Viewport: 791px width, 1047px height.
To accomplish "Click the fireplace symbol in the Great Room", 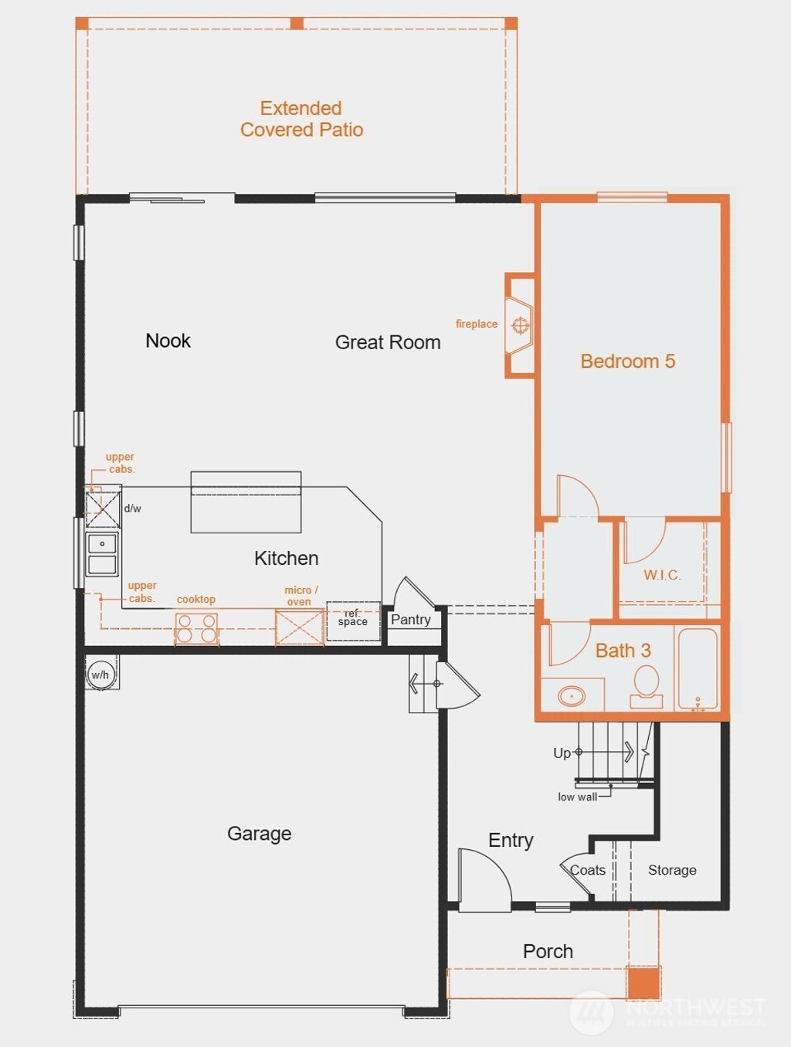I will [521, 325].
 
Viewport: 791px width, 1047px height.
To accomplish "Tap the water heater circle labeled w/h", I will [100, 674].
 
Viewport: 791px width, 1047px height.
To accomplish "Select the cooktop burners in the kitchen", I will [196, 627].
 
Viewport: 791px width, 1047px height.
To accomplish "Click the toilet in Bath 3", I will [646, 685].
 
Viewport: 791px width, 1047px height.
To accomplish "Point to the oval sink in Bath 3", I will [572, 696].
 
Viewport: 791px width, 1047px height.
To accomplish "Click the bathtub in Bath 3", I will [697, 668].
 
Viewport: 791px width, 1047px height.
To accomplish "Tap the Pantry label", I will [411, 620].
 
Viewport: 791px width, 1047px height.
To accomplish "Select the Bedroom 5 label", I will [627, 362].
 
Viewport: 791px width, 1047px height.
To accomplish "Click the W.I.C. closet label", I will [662, 575].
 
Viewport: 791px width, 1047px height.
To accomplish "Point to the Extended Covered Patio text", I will [301, 119].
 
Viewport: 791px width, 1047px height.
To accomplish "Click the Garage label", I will [260, 834].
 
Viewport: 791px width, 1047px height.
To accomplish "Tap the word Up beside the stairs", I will [562, 753].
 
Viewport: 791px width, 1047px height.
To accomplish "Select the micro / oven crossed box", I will [300, 627].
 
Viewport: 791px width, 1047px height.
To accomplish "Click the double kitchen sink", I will [102, 554].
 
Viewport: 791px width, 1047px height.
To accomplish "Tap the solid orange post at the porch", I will [643, 983].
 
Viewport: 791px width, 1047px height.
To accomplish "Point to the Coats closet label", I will [588, 870].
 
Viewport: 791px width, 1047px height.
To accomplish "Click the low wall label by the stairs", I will [577, 797].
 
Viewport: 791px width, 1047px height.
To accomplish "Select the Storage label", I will [672, 870].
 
